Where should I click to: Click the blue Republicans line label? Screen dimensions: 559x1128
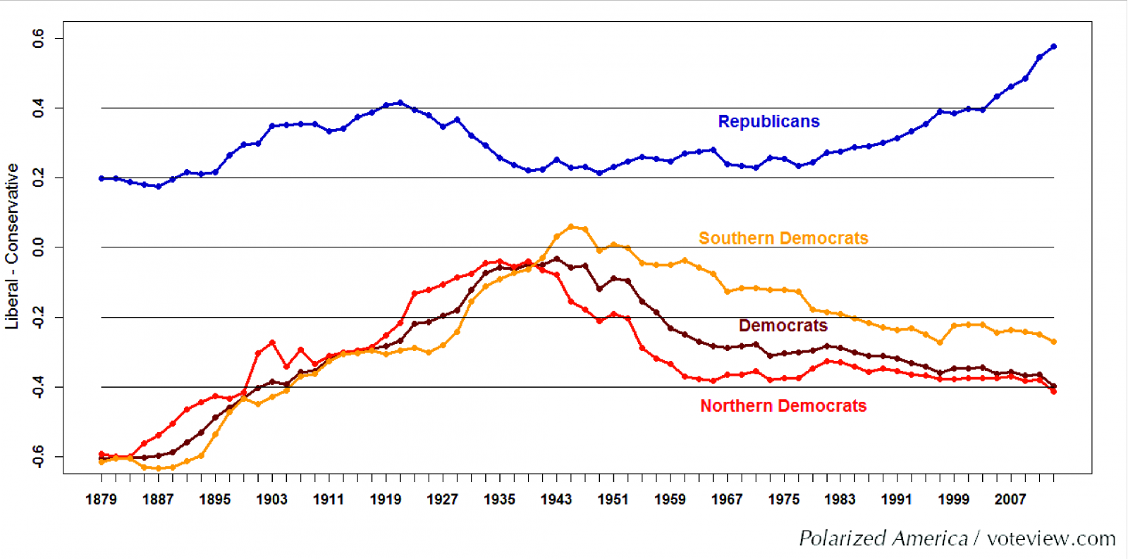tap(768, 121)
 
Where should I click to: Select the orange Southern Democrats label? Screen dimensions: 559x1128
tap(783, 238)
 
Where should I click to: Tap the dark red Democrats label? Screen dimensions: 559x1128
tap(783, 326)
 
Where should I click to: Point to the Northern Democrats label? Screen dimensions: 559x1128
tap(783, 406)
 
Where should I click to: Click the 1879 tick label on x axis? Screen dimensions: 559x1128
tap(101, 499)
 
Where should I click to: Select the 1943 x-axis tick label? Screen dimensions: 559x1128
tap(556, 499)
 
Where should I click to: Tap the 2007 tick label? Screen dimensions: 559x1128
tap(1010, 499)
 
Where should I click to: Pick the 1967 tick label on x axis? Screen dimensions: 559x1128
tap(726, 499)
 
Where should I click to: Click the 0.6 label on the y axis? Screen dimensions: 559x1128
tap(39, 38)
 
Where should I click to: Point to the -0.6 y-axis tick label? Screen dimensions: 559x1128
tap(39, 456)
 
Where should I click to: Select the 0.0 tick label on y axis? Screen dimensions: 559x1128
tap(39, 247)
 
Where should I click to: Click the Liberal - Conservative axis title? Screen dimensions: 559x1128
tap(12, 247)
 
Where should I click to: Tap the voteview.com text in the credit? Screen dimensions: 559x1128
tap(1050, 539)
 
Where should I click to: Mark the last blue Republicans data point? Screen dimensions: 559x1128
tap(1053, 47)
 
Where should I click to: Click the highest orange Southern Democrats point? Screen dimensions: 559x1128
tap(571, 227)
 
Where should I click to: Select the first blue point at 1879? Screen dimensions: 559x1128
tap(102, 178)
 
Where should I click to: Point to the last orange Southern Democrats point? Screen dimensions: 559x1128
tap(1053, 342)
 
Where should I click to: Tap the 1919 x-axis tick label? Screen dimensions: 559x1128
tap(385, 499)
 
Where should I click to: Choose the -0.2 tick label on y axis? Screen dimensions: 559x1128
tap(39, 317)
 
